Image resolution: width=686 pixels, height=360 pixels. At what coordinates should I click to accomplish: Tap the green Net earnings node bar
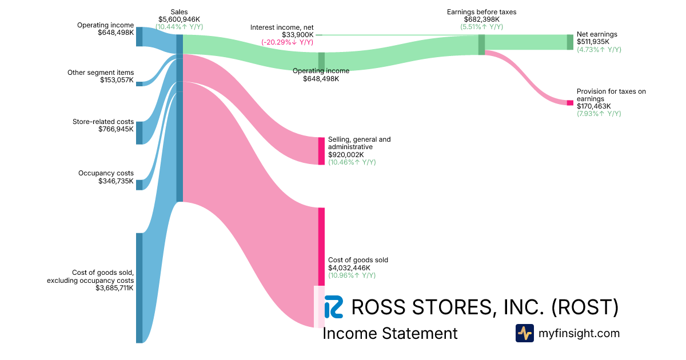tap(570, 42)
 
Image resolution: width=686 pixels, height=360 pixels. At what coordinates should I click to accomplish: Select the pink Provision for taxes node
tap(570, 103)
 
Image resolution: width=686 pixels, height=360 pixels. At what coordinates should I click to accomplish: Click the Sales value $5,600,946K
tap(179, 19)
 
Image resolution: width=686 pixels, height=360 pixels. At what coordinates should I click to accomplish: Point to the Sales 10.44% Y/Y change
tap(179, 27)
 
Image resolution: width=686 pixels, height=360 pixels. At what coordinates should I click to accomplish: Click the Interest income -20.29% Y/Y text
tap(287, 42)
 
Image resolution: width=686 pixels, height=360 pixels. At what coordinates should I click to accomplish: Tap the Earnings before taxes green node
tap(481, 45)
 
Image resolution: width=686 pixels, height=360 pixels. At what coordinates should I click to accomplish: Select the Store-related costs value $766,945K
tap(116, 129)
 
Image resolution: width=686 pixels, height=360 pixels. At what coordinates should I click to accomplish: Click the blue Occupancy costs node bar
tap(139, 185)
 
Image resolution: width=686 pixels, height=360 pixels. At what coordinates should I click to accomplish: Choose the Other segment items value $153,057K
tap(117, 81)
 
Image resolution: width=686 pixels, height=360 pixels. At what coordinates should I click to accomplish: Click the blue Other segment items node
tap(139, 84)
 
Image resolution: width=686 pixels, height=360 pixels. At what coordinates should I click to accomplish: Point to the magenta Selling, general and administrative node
tap(321, 151)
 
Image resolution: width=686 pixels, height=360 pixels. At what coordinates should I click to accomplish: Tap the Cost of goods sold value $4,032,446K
tap(349, 267)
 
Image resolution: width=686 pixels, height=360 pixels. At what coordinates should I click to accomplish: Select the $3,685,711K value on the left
tap(114, 288)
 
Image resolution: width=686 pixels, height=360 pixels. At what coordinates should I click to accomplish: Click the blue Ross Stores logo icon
tap(333, 307)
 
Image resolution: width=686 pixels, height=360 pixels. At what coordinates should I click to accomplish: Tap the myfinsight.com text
tap(579, 333)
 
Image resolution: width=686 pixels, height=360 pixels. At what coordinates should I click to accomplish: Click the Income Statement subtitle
tap(390, 333)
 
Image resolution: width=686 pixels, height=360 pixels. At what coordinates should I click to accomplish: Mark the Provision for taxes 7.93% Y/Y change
tap(599, 114)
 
